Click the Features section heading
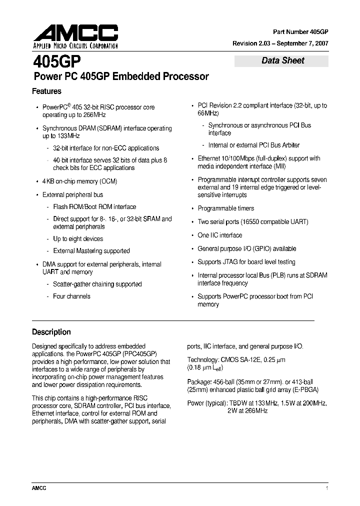point(46,91)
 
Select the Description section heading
point(51,332)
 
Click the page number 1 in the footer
point(326,488)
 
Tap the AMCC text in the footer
point(39,488)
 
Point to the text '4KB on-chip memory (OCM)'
point(80,181)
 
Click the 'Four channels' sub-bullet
point(71,296)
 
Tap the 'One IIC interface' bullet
point(220,235)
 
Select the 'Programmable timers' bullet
point(226,208)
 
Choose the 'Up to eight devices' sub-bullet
point(78,238)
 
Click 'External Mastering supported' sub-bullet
point(91,251)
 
